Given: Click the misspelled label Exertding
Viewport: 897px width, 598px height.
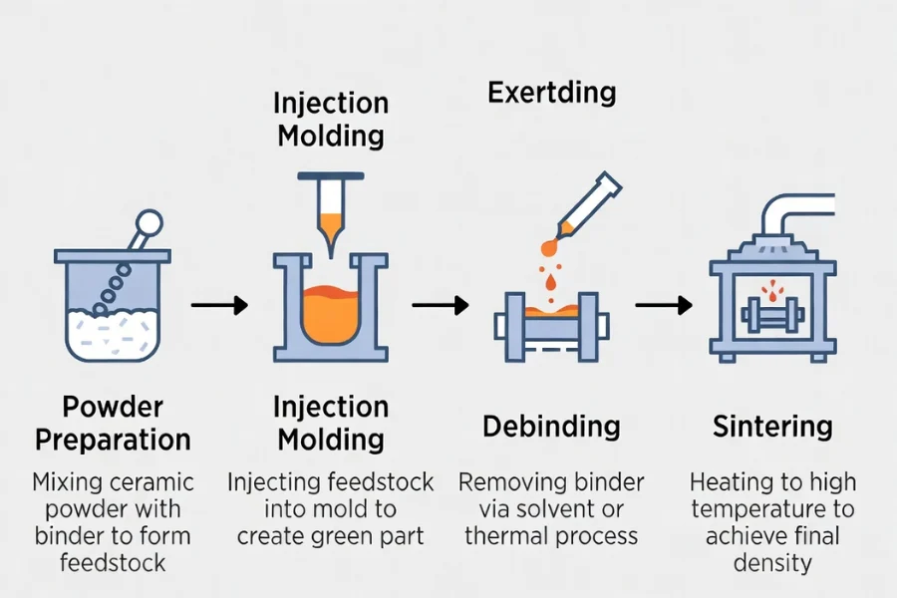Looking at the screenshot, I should (x=551, y=94).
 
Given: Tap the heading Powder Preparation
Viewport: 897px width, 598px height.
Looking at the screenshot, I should (x=113, y=423).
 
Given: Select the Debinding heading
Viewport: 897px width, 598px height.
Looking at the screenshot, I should (x=551, y=427).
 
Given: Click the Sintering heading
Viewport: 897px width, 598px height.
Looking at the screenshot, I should (x=772, y=427).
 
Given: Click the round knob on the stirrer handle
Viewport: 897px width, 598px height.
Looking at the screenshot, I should (x=149, y=222).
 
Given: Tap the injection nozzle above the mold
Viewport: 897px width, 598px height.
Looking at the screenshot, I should (x=330, y=214).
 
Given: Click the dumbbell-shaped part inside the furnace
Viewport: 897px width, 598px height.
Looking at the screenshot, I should (x=772, y=321).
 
